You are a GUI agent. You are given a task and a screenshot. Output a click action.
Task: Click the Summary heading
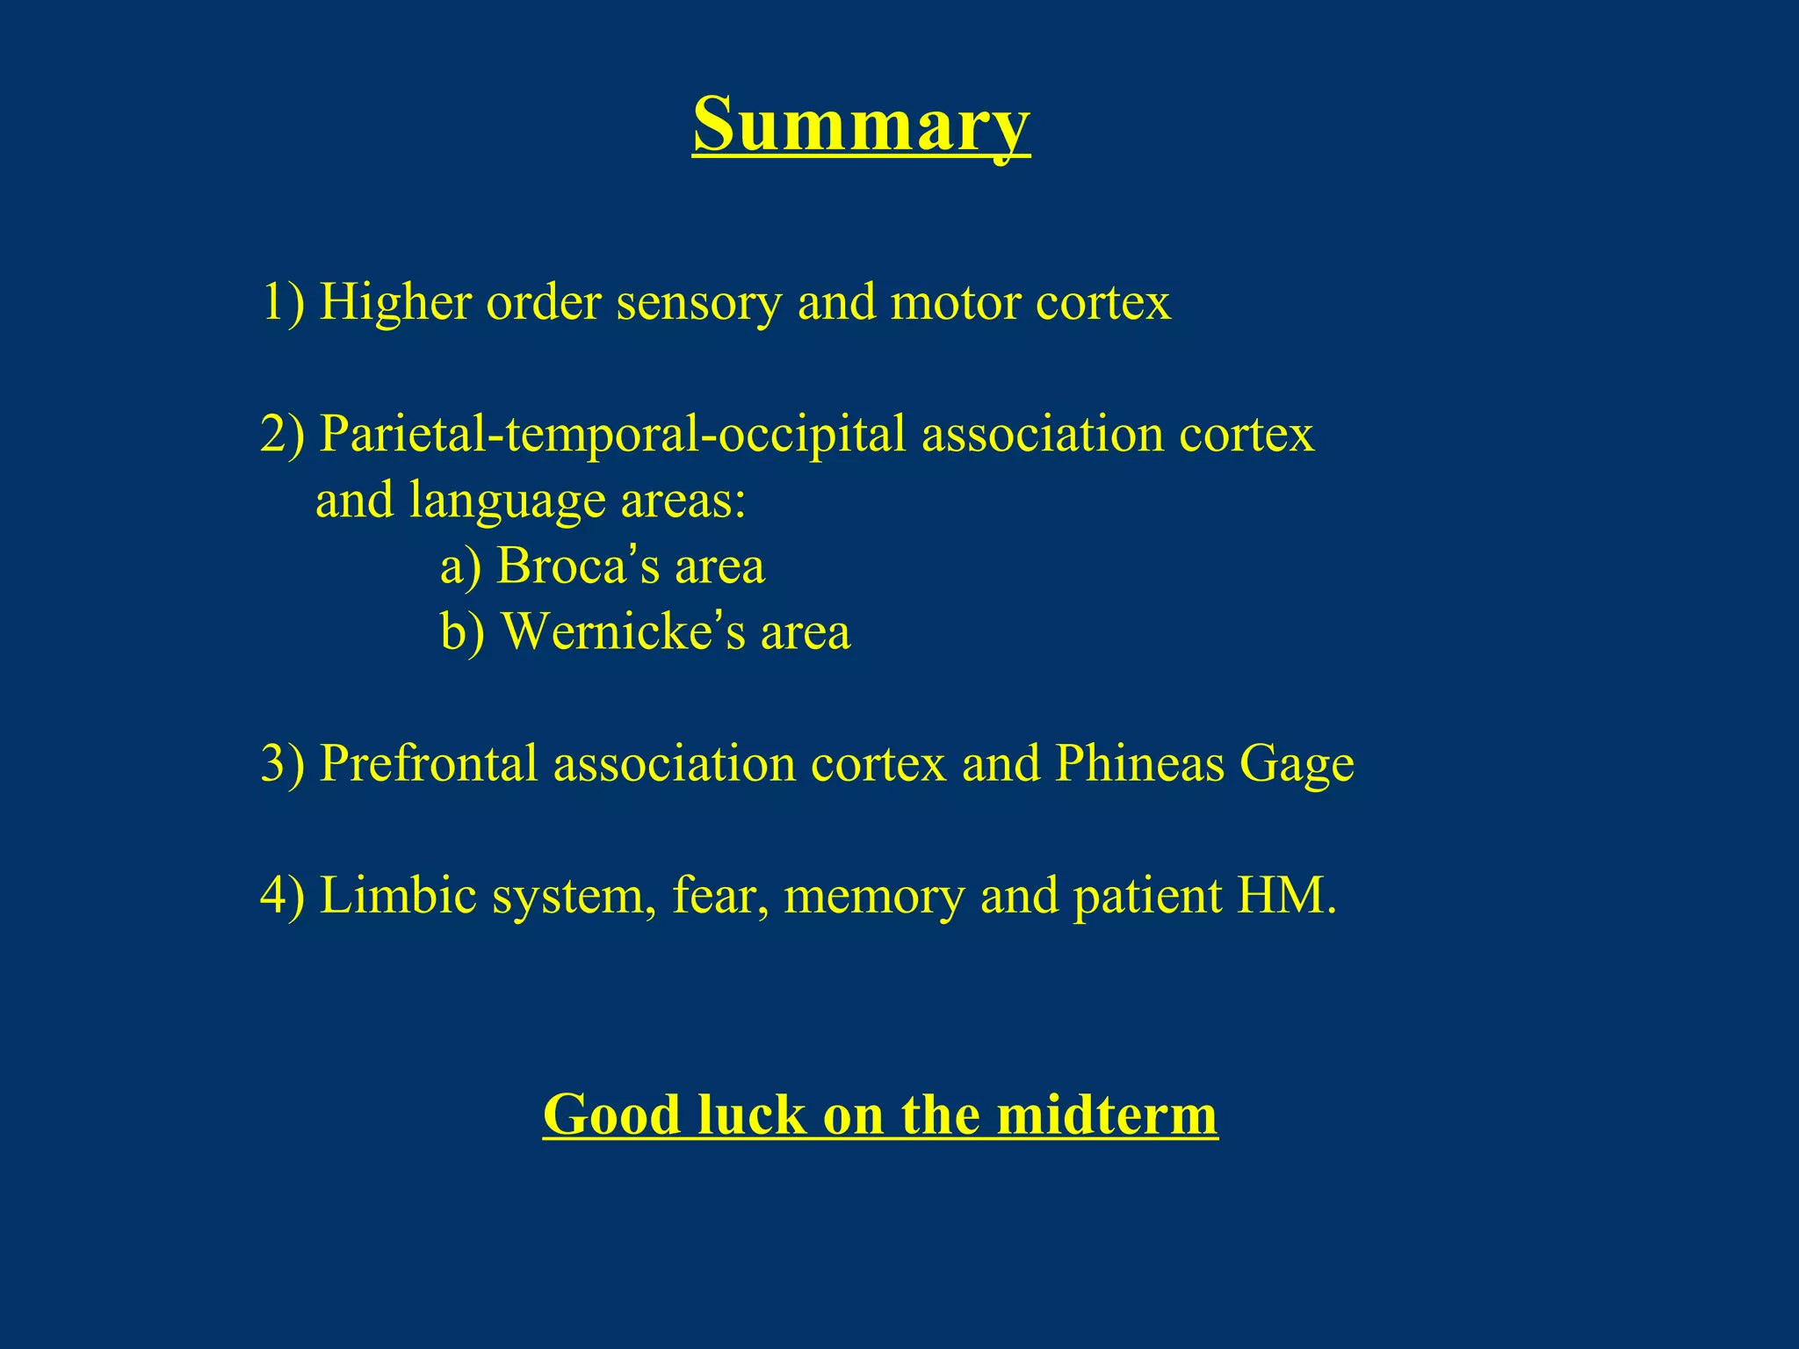pos(861,125)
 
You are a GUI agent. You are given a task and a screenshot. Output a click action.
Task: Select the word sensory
pos(698,304)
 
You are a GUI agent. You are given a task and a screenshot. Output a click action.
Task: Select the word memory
pos(873,898)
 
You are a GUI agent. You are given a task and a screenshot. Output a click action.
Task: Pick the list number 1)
pos(283,302)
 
